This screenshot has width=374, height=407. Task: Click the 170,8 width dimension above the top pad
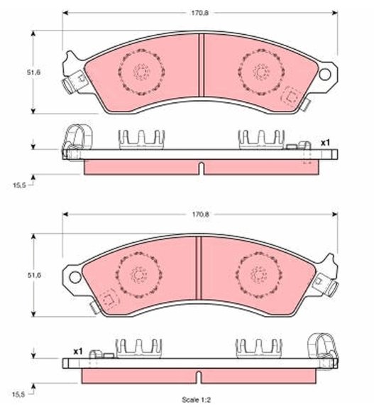click(200, 13)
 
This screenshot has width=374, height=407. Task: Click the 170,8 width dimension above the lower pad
click(201, 215)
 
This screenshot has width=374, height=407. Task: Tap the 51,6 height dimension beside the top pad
click(34, 72)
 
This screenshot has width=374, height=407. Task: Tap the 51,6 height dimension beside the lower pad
click(34, 275)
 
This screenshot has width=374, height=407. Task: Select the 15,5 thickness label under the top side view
click(19, 185)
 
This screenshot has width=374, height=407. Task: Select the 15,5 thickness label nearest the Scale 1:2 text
click(19, 395)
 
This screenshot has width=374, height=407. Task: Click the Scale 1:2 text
click(196, 400)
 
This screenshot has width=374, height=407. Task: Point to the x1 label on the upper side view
click(325, 143)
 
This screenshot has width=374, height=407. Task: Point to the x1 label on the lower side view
click(78, 352)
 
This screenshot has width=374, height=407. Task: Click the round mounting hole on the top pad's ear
click(325, 75)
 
